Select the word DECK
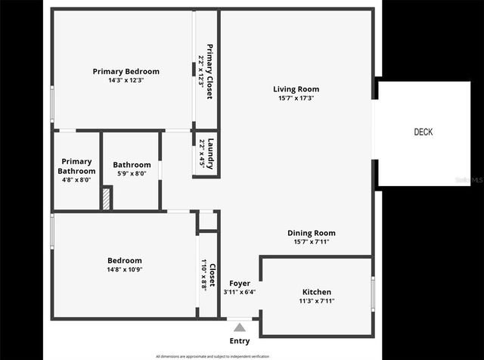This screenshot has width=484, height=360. (423, 132)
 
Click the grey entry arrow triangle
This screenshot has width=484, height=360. (240, 327)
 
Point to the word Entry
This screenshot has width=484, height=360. (240, 341)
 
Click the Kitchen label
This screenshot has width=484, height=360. (316, 292)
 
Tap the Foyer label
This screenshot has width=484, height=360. (240, 284)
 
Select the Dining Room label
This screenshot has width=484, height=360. (311, 233)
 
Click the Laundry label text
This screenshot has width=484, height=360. (212, 154)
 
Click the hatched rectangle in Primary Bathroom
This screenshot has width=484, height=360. (107, 199)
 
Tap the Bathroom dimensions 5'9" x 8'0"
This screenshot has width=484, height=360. (132, 173)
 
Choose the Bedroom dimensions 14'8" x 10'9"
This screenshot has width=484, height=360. (124, 269)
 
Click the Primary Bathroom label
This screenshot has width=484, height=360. (76, 166)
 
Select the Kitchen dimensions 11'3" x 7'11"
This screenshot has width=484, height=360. (316, 301)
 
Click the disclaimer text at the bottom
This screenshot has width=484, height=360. (212, 355)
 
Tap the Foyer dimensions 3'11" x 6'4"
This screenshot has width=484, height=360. (240, 292)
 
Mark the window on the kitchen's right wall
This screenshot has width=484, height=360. (373, 292)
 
